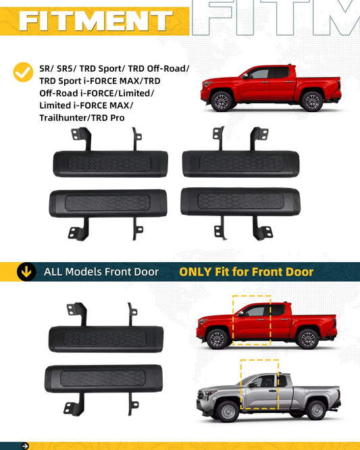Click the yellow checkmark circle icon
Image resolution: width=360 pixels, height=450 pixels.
pos(23,72)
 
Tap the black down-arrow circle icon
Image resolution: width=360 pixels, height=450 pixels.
pos(26,272)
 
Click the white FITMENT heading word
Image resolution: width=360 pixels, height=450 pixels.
pos(96,21)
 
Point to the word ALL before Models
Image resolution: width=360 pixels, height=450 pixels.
pos(53,272)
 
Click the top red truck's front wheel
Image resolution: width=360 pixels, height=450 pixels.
pos(222,101)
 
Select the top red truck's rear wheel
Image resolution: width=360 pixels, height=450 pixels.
pos(312,101)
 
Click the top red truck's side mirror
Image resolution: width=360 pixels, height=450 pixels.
pos(245,76)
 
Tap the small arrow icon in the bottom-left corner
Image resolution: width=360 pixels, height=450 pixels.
pos(25,446)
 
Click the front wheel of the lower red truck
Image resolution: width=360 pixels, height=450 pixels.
pos(217,339)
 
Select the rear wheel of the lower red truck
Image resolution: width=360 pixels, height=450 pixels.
pos(307,339)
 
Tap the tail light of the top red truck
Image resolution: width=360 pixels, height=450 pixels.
pos(339,85)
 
